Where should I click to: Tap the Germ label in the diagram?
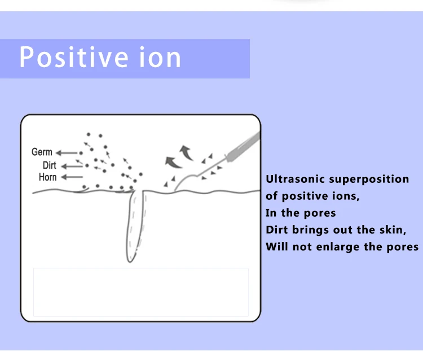pyautogui.click(x=42, y=152)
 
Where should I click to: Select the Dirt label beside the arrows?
pyautogui.click(x=50, y=165)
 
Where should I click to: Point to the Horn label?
pyautogui.click(x=47, y=177)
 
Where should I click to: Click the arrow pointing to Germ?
pyautogui.click(x=68, y=152)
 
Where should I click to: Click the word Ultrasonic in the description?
pyautogui.click(x=294, y=179)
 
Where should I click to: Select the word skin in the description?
pyautogui.click(x=393, y=230)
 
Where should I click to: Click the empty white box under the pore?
pyautogui.click(x=140, y=292)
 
